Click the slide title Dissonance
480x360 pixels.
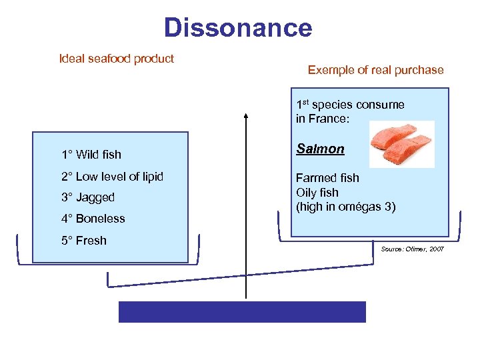(x=238, y=28)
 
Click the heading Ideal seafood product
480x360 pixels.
(x=117, y=59)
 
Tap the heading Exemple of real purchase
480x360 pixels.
(x=375, y=70)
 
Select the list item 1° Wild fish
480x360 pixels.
(x=91, y=155)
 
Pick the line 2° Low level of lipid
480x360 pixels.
(x=112, y=177)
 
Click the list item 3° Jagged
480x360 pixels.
(x=88, y=197)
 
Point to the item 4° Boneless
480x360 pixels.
(x=93, y=219)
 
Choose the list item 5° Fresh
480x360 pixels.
(x=84, y=241)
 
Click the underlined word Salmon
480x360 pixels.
(x=320, y=149)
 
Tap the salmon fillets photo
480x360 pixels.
(x=401, y=144)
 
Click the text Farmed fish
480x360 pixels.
(x=327, y=178)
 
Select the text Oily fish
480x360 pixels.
(x=317, y=193)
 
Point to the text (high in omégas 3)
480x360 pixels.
(x=345, y=207)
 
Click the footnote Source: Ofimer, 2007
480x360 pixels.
(x=412, y=249)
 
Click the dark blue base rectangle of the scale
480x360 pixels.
(x=242, y=312)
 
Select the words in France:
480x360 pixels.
(x=323, y=119)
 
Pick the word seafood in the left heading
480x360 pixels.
(x=108, y=59)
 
